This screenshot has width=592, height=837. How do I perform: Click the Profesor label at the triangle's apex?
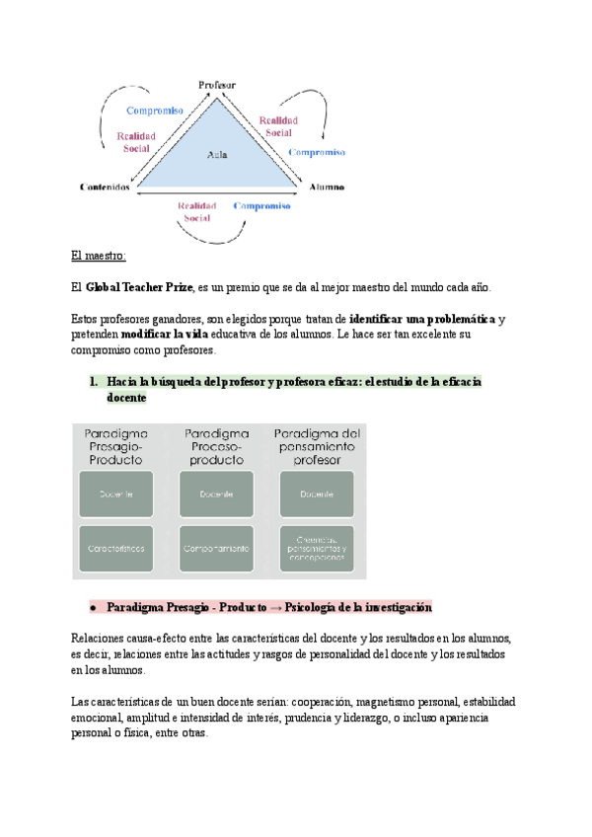pyautogui.click(x=217, y=86)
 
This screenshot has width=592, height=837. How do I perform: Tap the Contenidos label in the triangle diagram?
pyautogui.click(x=106, y=187)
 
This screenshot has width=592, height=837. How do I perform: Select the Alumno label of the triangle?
pyautogui.click(x=327, y=187)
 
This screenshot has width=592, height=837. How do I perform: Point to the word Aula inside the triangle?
pyautogui.click(x=217, y=154)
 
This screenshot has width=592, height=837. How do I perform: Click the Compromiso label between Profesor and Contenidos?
pyautogui.click(x=155, y=111)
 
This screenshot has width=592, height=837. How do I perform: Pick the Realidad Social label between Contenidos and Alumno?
pyautogui.click(x=197, y=211)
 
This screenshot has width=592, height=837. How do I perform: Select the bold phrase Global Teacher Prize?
pyautogui.click(x=139, y=287)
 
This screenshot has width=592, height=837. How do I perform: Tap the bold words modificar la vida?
pyautogui.click(x=165, y=335)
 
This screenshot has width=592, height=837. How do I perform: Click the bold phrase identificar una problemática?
pyautogui.click(x=422, y=319)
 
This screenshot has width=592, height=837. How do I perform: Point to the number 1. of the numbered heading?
pyautogui.click(x=95, y=381)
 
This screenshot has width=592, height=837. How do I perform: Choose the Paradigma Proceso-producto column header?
pyautogui.click(x=216, y=446)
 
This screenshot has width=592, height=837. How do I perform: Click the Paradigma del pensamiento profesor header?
pyautogui.click(x=317, y=446)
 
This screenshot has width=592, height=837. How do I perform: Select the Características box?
pyautogui.click(x=116, y=546)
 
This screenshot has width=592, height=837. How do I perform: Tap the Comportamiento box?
pyautogui.click(x=216, y=546)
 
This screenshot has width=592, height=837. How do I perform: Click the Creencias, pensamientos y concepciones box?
pyautogui.click(x=317, y=546)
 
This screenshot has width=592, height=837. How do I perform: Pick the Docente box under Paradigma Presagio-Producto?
pyautogui.click(x=116, y=494)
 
